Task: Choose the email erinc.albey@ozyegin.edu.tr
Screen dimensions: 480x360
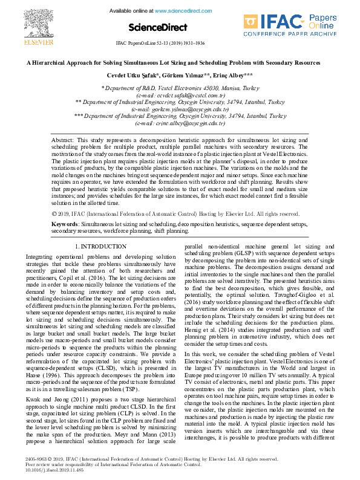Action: (x=180, y=123)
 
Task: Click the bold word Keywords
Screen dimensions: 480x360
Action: (x=64, y=224)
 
